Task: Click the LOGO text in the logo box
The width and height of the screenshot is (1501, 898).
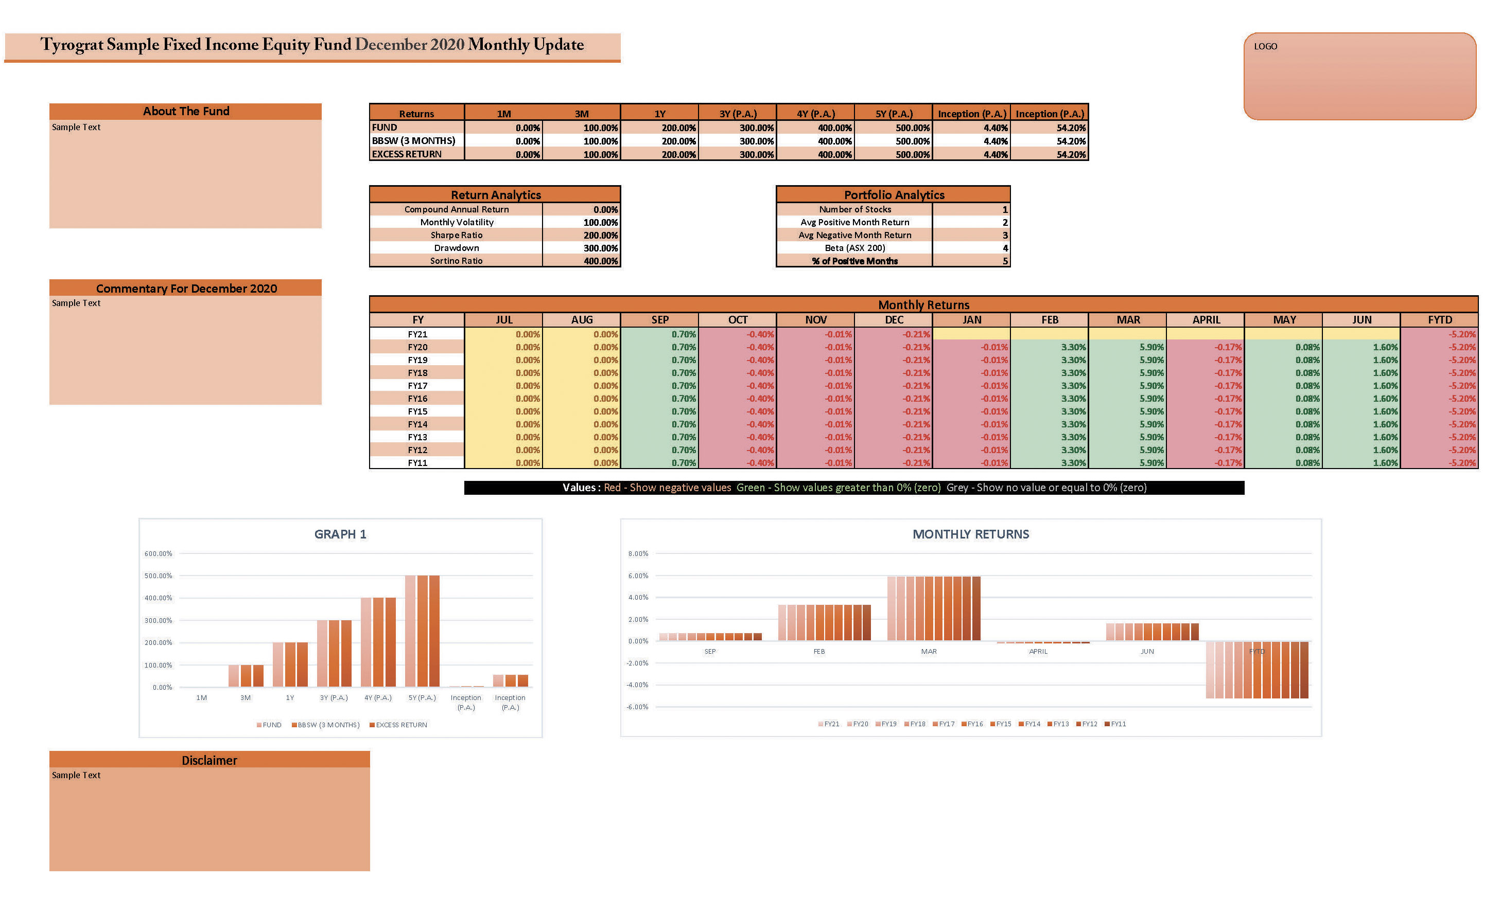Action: pos(1265,47)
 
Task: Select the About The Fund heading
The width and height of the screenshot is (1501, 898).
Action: pos(186,111)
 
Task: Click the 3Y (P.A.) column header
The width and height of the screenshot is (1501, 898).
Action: pos(738,114)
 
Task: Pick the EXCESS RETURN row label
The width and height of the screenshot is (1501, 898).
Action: pos(406,154)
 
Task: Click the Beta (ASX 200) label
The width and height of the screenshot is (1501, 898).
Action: pos(854,248)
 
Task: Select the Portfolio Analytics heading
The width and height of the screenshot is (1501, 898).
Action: pos(894,195)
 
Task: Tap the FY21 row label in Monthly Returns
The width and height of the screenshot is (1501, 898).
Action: pos(417,334)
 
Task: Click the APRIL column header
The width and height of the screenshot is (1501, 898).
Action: pos(1206,319)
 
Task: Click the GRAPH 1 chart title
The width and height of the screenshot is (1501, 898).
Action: pos(340,534)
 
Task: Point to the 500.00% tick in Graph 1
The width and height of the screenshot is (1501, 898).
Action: pos(158,576)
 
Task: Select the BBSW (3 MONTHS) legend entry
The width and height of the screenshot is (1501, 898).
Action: pos(327,725)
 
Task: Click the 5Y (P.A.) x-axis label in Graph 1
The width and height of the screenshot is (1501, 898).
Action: pos(422,698)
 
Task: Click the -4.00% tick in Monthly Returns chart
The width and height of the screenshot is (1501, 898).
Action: pos(638,685)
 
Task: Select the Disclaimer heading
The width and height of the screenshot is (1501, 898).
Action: pos(209,761)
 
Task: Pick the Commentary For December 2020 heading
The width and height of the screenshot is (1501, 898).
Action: pos(186,289)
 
